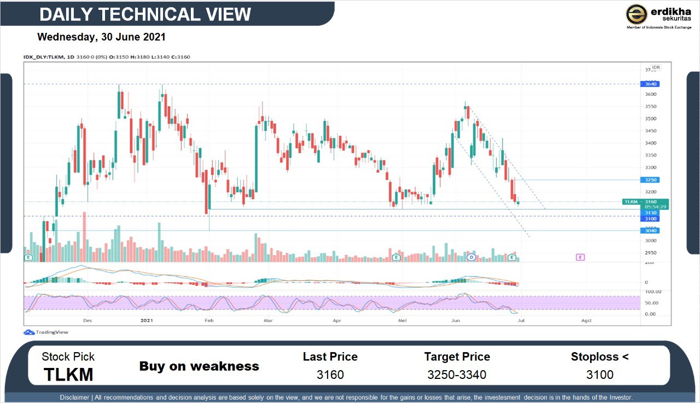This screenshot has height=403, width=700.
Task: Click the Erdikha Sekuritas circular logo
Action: (x=637, y=14)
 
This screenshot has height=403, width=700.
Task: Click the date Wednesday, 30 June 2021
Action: (x=101, y=37)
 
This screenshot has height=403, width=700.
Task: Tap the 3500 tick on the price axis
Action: (x=650, y=118)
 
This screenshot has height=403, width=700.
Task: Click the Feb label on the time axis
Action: (x=208, y=320)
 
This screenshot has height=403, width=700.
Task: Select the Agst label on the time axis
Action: (x=586, y=320)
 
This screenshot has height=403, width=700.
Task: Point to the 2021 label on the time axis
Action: (x=147, y=320)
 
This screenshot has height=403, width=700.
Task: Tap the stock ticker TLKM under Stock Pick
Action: (x=68, y=375)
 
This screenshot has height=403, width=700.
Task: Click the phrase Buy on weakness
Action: (x=199, y=366)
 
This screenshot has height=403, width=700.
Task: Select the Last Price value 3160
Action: (x=330, y=375)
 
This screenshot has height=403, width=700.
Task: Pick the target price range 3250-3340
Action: (x=457, y=375)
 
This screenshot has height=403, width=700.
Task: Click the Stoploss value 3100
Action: (x=599, y=375)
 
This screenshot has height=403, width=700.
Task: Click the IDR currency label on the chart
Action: (x=656, y=67)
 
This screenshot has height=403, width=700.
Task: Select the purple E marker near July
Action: (x=580, y=257)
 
